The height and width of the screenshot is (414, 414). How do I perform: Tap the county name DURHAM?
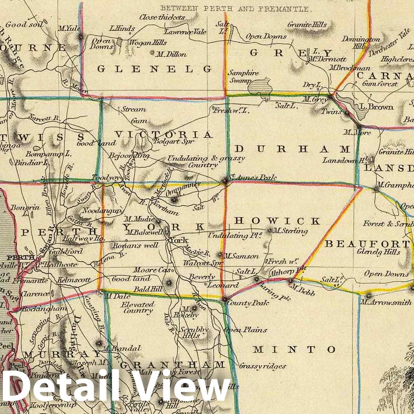[292, 149]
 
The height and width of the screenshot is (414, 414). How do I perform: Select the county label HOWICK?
[277, 221]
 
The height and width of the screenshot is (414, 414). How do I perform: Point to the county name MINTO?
[294, 349]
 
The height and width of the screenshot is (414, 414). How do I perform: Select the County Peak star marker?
[224, 299]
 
